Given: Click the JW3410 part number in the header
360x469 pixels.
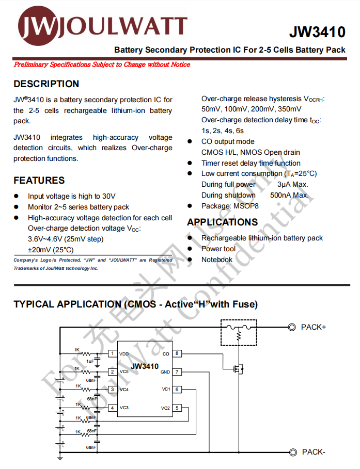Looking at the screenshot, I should click(x=317, y=33).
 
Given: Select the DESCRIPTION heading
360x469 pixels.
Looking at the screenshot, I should click(x=46, y=84).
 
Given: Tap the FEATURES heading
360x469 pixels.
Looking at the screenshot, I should click(x=39, y=181).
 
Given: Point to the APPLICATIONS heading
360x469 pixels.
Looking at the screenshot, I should click(x=222, y=222).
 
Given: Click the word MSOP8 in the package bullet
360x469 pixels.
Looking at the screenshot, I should click(x=247, y=206).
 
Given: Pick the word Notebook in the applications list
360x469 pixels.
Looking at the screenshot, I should click(x=217, y=260).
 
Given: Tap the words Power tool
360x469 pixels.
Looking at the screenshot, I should click(x=218, y=249).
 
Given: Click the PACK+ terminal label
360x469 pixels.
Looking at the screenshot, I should click(x=314, y=327).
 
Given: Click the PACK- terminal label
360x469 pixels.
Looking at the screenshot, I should click(x=314, y=452).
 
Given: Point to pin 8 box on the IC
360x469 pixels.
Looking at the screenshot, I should click(x=177, y=354).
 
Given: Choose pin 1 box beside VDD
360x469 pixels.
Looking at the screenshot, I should click(x=112, y=354).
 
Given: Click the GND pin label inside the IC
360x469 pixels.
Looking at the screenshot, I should click(x=165, y=372).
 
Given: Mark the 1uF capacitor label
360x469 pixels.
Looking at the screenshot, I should click(x=90, y=361).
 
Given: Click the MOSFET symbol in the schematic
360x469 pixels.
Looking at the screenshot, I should click(x=239, y=369).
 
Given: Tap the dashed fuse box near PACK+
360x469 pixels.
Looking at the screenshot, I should click(x=238, y=333).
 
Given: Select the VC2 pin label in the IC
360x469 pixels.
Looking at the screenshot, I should click(x=165, y=408).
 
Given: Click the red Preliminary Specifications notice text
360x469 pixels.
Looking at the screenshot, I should click(x=102, y=64).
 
